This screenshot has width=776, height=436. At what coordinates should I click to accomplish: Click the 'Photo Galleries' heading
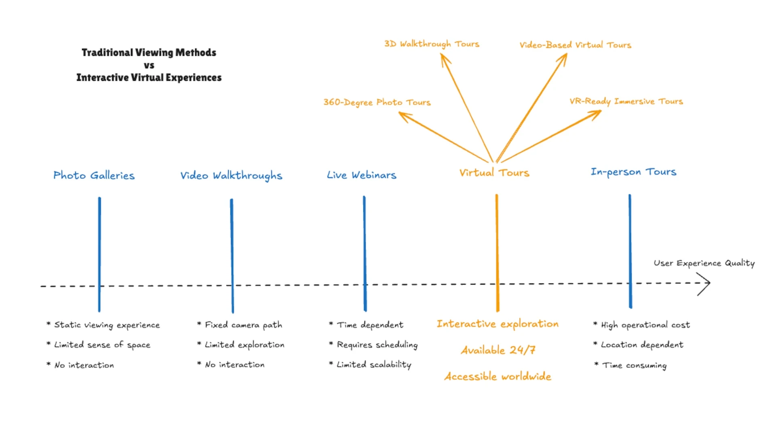(x=94, y=175)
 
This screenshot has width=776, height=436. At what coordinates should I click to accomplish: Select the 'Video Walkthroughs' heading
(x=231, y=176)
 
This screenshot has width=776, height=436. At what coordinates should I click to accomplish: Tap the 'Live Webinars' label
(x=361, y=175)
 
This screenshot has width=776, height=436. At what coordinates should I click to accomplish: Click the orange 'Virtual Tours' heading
(x=494, y=173)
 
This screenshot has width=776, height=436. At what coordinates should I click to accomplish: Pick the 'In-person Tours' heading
(x=633, y=172)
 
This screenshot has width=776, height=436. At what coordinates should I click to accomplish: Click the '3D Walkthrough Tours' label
(x=432, y=44)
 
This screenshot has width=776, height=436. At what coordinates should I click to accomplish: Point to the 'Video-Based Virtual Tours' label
(x=575, y=45)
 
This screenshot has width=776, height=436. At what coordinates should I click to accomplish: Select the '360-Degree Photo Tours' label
(x=377, y=102)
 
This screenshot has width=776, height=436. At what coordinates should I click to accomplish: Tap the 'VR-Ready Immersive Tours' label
(x=626, y=101)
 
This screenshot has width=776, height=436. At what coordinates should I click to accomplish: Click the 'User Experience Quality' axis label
(x=704, y=263)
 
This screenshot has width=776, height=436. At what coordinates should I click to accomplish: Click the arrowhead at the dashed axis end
(x=705, y=283)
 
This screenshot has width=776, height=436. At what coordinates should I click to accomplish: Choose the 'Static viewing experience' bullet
(x=107, y=325)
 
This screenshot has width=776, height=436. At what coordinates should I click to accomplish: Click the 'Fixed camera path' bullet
(x=243, y=325)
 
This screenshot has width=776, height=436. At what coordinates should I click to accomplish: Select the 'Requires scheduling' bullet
(x=377, y=345)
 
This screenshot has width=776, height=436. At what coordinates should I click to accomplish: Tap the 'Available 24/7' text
(x=498, y=350)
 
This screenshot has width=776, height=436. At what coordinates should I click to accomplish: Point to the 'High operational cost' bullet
(x=645, y=325)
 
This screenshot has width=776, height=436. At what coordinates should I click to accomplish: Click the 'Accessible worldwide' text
(x=498, y=376)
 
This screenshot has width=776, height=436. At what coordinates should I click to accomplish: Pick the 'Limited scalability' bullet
(x=374, y=365)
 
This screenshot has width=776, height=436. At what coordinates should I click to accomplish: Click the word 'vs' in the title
(x=149, y=65)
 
